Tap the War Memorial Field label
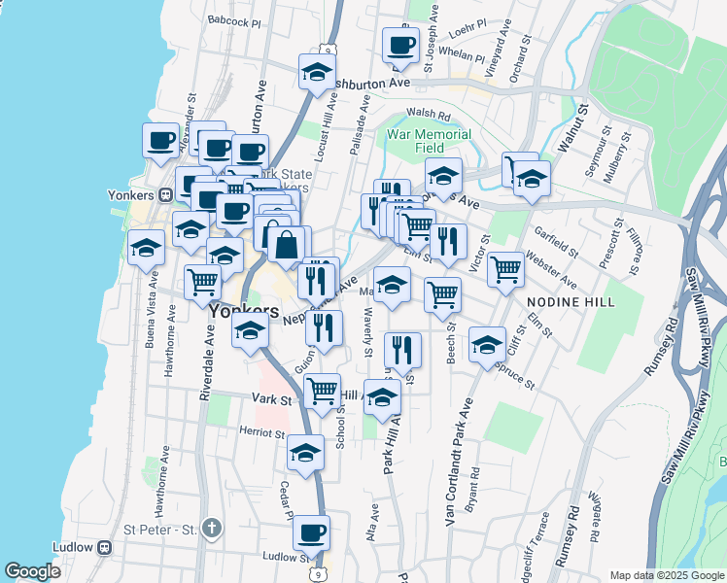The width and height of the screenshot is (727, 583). pos(429,141)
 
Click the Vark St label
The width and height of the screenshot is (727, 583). pos(272,399)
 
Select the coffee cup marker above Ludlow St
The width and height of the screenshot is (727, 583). pos(311,532)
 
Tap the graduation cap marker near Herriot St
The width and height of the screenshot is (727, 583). pos(305,452)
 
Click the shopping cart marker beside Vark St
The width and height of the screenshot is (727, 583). pos(322,391)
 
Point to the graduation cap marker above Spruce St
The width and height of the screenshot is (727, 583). pos(487,344)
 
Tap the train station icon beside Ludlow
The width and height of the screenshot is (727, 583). pos(103,546)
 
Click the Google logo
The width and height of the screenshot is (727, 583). pos(33,571)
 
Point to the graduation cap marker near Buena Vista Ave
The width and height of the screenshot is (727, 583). pos(146,248)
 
